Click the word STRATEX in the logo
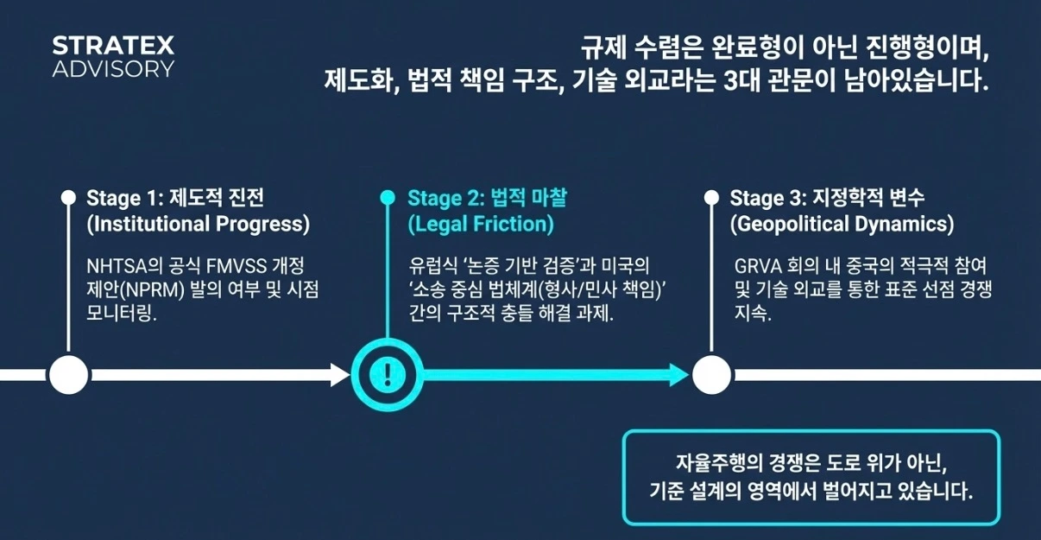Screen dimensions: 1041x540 [x=113, y=45]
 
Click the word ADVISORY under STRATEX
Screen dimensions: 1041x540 [x=113, y=69]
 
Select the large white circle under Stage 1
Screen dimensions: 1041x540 [x=68, y=374]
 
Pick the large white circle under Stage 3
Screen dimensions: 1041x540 [x=711, y=374]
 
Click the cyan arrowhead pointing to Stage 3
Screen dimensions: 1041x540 [x=678, y=374]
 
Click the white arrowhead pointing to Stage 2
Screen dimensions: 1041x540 [x=339, y=374]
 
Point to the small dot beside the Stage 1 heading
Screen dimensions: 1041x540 [x=68, y=198]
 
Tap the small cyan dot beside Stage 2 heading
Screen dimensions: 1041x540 [x=388, y=198]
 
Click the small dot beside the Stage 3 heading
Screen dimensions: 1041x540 [x=711, y=198]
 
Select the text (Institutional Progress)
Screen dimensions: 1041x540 [x=198, y=225]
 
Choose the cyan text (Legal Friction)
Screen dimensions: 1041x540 [x=481, y=225]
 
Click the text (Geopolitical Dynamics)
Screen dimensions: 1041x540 [x=842, y=225]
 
